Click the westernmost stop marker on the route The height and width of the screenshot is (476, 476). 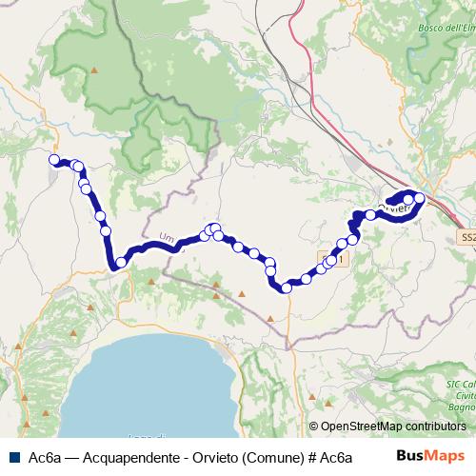(x=54, y=160)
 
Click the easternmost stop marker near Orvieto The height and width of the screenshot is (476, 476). (x=419, y=199)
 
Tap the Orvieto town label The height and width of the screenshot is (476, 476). (x=392, y=207)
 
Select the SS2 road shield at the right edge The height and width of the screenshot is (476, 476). (x=466, y=237)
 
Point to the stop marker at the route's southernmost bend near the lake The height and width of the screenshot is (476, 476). (x=121, y=263)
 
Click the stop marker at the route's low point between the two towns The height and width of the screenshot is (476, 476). (x=286, y=287)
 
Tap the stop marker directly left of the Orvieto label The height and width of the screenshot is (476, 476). (x=370, y=215)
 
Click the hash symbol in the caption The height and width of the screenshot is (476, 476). (x=300, y=456)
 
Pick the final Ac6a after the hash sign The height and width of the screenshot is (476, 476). (x=332, y=456)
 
